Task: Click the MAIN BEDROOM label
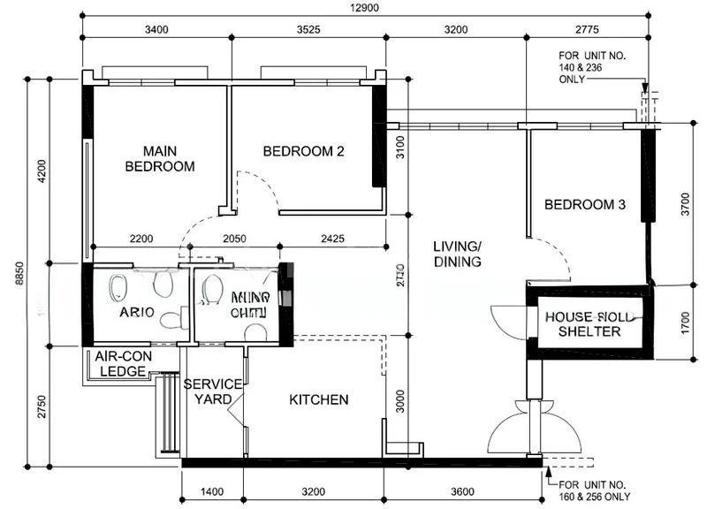(x=159, y=158)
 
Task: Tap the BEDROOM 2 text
(x=303, y=151)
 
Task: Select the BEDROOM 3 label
(x=584, y=205)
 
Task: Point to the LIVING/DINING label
(x=457, y=254)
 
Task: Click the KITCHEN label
(x=318, y=400)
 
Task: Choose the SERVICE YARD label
(x=213, y=391)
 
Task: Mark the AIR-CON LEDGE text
(x=122, y=364)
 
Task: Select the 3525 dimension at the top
(x=308, y=29)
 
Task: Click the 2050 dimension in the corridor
(x=233, y=239)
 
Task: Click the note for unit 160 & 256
(x=593, y=490)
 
